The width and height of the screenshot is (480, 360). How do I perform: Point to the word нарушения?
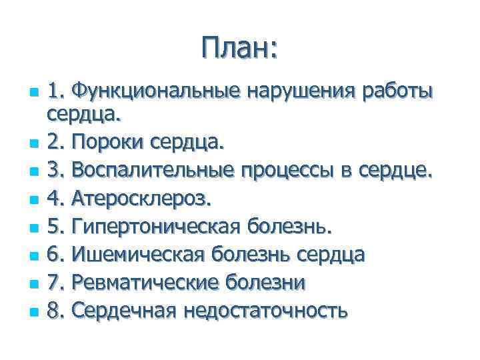[x=301, y=90]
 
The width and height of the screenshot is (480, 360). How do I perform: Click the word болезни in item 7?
[x=268, y=283]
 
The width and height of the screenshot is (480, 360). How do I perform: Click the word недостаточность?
[x=265, y=311]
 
